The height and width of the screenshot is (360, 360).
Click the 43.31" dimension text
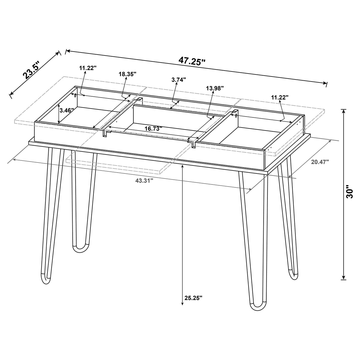pos(144,180)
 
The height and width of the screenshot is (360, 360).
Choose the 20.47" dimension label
pos(320,162)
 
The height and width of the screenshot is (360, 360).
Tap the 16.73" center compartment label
pos(153,129)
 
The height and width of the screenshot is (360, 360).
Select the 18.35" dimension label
pos(128,74)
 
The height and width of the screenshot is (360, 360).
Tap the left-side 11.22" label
pos(88,68)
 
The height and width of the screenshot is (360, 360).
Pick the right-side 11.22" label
pos(279,97)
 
